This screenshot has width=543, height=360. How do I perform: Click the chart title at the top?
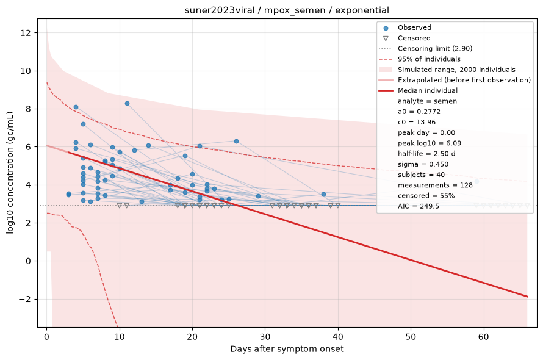click(287, 10)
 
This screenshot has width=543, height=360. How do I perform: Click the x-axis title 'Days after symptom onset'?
click(287, 349)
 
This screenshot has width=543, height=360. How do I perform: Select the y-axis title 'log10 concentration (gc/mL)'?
click(10, 173)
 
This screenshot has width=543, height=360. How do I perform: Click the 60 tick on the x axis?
click(484, 337)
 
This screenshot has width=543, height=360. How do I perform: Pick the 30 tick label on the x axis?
click(265, 337)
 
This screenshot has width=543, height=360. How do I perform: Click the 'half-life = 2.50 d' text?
click(426, 154)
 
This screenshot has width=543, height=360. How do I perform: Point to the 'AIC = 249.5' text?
click(419, 206)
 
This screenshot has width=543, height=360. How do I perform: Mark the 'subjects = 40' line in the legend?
click(421, 175)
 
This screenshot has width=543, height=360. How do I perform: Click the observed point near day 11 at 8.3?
click(127, 104)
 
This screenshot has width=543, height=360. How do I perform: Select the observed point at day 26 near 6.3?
click(236, 142)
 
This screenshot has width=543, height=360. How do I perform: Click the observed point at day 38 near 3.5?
click(323, 195)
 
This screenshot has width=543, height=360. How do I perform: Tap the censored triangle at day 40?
click(338, 206)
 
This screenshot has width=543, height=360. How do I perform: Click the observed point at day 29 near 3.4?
click(258, 196)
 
